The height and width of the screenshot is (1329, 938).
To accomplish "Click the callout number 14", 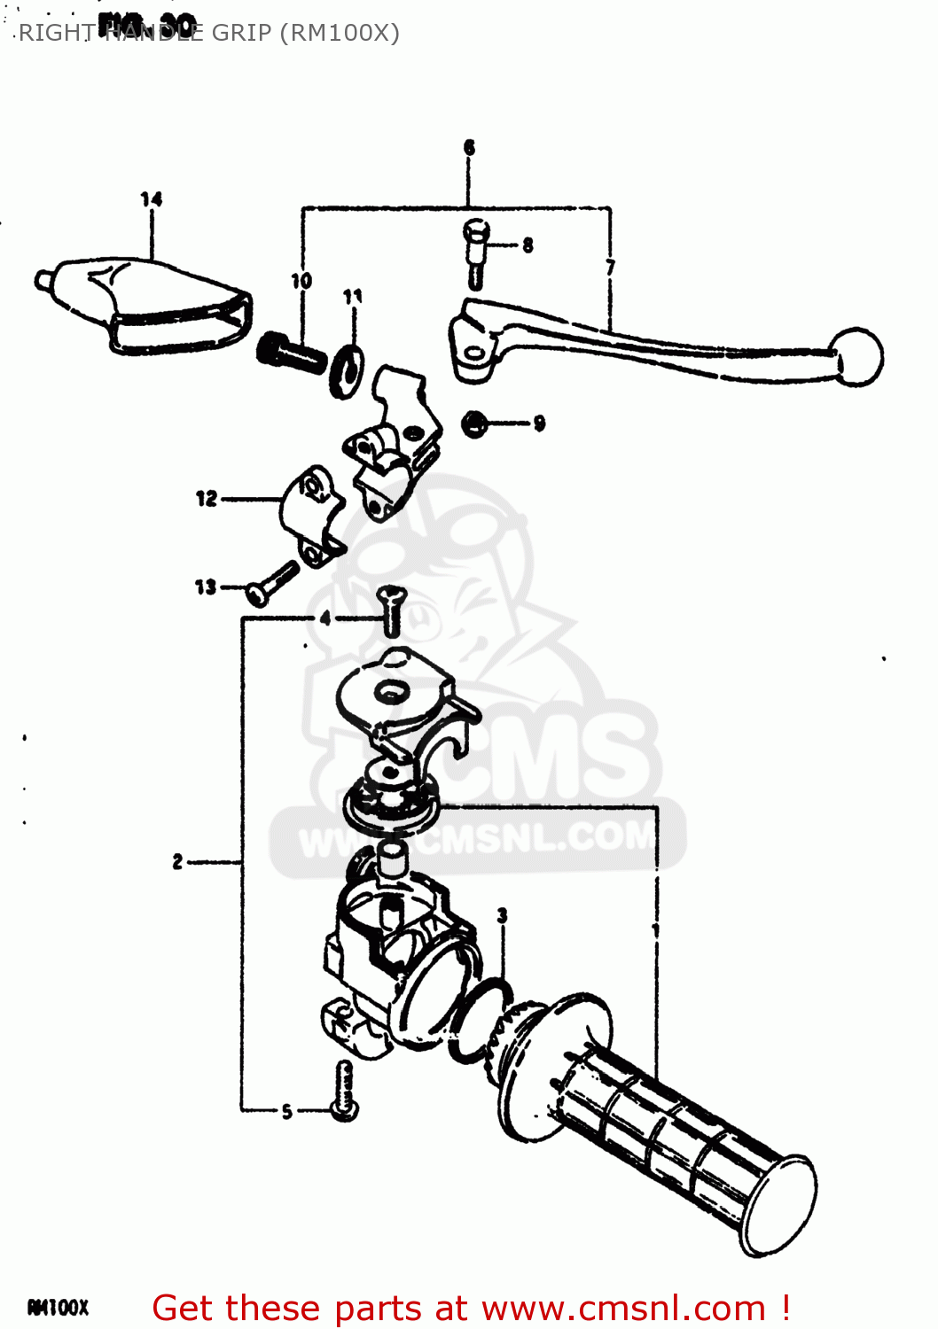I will point(152,199).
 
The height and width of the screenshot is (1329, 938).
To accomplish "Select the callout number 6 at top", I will point(469,148).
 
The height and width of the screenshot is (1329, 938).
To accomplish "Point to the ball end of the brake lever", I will point(857,356).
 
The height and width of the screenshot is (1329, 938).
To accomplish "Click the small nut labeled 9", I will point(474,424).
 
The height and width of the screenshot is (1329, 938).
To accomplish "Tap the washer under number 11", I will point(346,371).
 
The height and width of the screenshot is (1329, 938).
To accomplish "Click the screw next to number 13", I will point(271,583).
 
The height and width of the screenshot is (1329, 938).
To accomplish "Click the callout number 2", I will point(178,861).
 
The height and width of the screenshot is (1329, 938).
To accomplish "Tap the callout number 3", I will point(503,915).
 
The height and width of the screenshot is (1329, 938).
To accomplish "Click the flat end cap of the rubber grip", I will point(781,1206).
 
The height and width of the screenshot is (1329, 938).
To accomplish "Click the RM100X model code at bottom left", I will point(59,1308).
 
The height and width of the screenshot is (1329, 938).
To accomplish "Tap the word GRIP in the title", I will point(241,33).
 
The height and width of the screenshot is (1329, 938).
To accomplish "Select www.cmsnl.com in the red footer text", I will point(623,1309).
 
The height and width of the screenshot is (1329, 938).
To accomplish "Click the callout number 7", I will point(610,267).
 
